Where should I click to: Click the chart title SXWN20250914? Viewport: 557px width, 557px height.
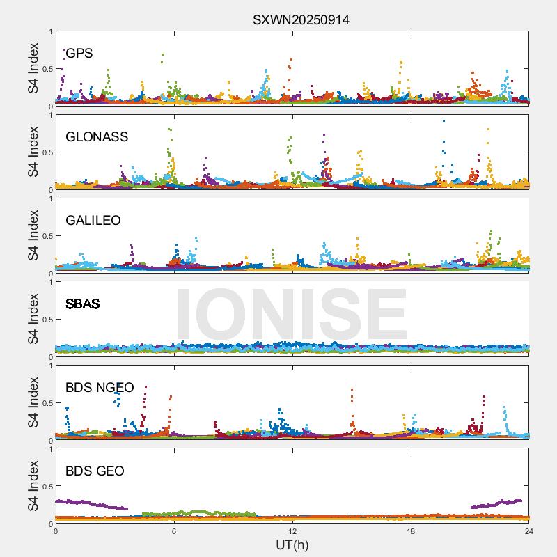301,20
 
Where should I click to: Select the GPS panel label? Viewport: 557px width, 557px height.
79,54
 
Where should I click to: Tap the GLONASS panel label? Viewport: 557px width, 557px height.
97,137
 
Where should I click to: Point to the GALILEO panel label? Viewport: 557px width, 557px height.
93,221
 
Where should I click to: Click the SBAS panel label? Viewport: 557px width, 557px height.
83,304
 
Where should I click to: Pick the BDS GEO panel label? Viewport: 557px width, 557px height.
95,471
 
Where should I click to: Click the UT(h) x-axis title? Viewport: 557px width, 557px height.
292,544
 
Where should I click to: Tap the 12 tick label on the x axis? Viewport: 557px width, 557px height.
292,531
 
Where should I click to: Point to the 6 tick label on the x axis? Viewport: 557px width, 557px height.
174,531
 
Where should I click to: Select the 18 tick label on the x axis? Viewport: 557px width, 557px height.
411,531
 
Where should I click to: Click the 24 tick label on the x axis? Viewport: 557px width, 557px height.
529,531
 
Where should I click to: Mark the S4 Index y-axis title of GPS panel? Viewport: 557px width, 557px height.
33,69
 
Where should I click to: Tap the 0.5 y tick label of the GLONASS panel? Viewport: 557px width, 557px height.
45,152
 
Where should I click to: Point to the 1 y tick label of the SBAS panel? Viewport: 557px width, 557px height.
50,282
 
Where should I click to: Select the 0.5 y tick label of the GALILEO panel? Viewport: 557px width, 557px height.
45,236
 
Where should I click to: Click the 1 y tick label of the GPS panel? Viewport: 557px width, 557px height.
50,31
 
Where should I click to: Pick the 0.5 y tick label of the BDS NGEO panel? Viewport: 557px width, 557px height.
45,403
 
